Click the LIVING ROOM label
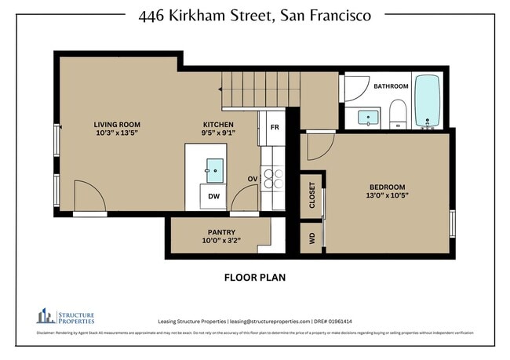pos(117,125)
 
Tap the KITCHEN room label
pos(218,125)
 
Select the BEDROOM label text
pos(386,187)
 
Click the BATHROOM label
pos(390,86)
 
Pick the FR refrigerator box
pos(275,127)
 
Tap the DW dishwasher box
pos(213,198)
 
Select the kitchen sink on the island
pos(214,167)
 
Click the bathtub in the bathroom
pos(428,102)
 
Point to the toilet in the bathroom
pos(398,114)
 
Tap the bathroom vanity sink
pos(368,118)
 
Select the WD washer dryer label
pos(311,239)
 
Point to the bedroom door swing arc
pos(319,147)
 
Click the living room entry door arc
pos(89,197)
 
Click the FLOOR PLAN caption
pos(255,277)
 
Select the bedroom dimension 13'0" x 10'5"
pos(386,196)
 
